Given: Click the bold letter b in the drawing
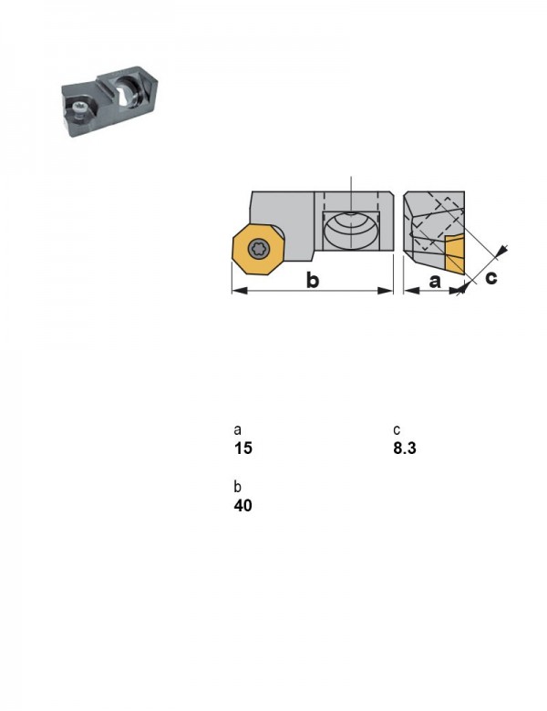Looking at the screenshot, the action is point(313,280).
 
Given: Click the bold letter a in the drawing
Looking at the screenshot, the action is point(435,282).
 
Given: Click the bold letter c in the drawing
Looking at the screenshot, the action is point(490,277).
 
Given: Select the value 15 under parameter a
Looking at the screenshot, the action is point(243,448).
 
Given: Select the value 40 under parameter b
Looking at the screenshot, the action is point(243,505).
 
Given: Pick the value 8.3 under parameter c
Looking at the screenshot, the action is point(404,448).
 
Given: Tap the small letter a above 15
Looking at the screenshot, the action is point(237,430).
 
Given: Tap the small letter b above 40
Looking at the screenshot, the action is point(237,487).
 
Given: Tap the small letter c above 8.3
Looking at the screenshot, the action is point(397,430).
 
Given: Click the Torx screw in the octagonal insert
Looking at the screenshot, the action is point(259,248).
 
